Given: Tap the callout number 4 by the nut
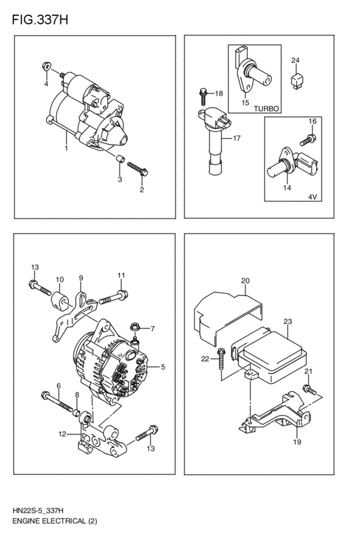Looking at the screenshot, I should pos(46,84).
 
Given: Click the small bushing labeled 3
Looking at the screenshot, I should pos(120,159).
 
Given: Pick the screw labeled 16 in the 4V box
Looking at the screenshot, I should pos(309,138).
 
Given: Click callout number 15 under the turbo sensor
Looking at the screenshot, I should pos(245,102).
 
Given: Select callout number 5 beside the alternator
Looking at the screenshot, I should pos(163,368).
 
